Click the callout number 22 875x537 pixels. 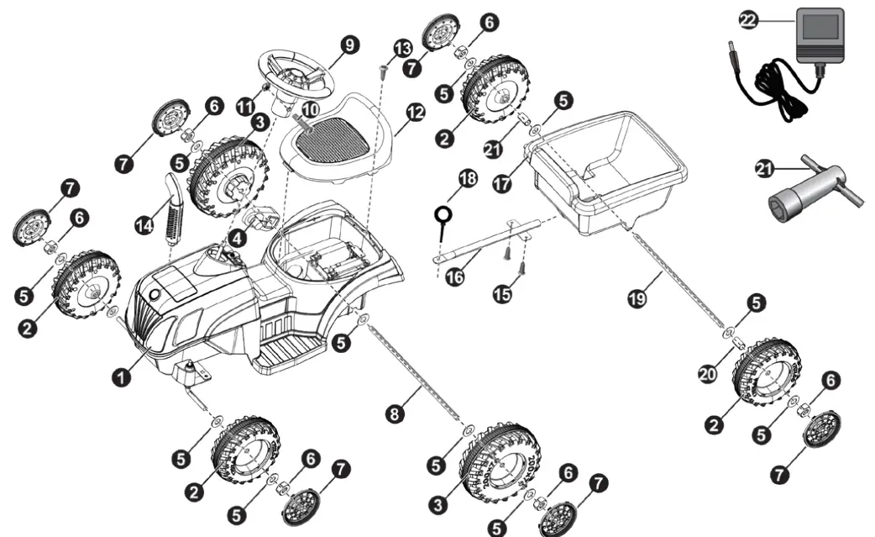pyautogui.click(x=747, y=19)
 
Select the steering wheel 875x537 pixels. pyautogui.click(x=296, y=74)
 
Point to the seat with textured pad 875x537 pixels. pyautogui.click(x=329, y=139)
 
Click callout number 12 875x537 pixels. pyautogui.click(x=415, y=110)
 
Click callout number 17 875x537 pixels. pyautogui.click(x=501, y=185)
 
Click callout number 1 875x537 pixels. pyautogui.click(x=123, y=378)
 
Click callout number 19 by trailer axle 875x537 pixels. pyautogui.click(x=637, y=297)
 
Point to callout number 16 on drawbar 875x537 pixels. pyautogui.click(x=455, y=278)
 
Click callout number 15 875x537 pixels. pyautogui.click(x=503, y=296)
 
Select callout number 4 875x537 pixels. pyautogui.click(x=238, y=239)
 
